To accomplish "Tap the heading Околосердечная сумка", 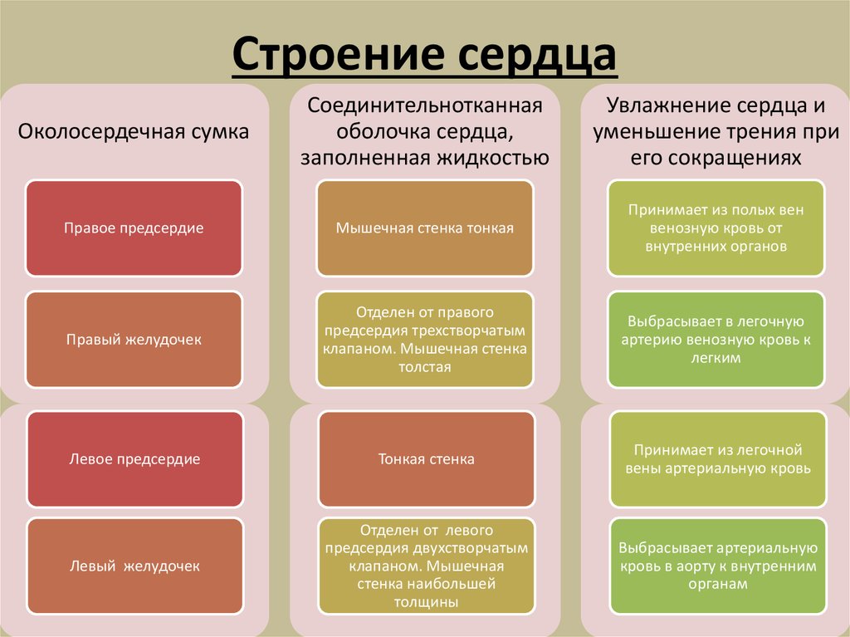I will pyautogui.click(x=134, y=131).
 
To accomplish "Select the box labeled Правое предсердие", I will pyautogui.click(x=134, y=228).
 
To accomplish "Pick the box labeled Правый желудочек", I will pyautogui.click(x=134, y=339).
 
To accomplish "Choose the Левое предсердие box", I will pyautogui.click(x=134, y=458).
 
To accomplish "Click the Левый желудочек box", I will pyautogui.click(x=134, y=566).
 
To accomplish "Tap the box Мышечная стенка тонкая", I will pyautogui.click(x=425, y=228).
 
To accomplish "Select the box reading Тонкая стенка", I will pyautogui.click(x=426, y=458).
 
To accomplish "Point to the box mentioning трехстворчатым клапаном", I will pyautogui.click(x=425, y=339).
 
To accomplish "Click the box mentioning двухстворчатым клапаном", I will pyautogui.click(x=425, y=566).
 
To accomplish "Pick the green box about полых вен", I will pyautogui.click(x=716, y=228).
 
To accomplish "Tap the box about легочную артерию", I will pyautogui.click(x=716, y=339).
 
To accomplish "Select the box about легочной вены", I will pyautogui.click(x=717, y=459).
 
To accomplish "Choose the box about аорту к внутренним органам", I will pyautogui.click(x=718, y=566).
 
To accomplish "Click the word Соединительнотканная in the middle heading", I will pyautogui.click(x=425, y=106).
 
